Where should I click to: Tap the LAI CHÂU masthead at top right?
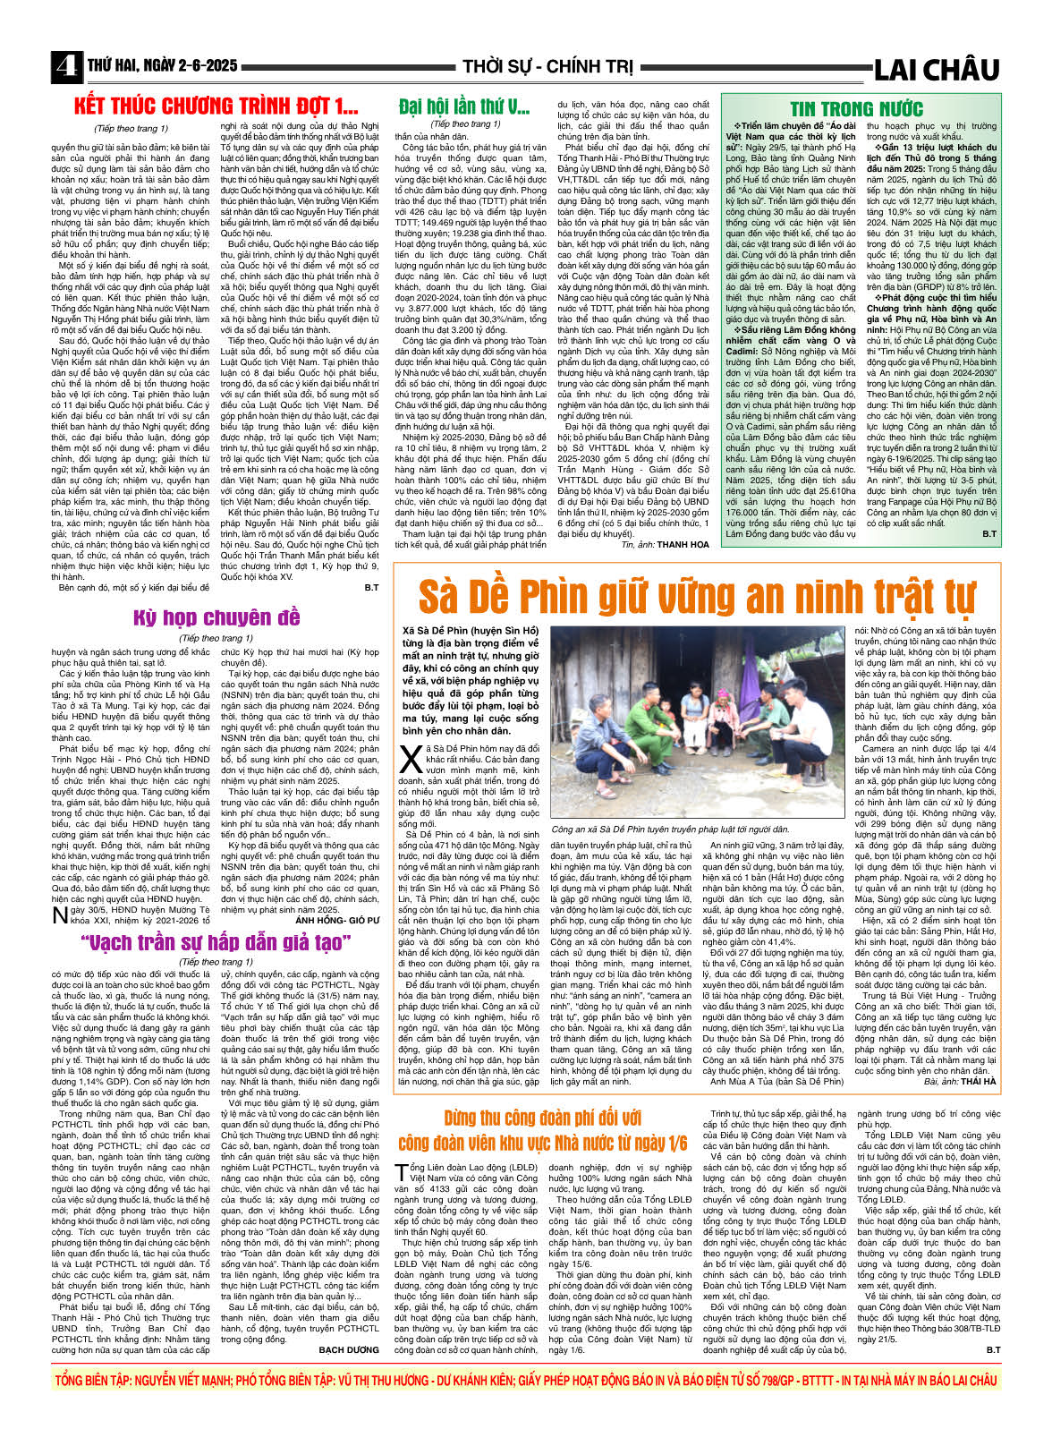pyautogui.click(x=936, y=69)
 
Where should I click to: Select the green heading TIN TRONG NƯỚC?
pyautogui.click(x=856, y=109)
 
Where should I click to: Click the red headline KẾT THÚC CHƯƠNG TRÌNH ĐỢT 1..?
pyautogui.click(x=216, y=106)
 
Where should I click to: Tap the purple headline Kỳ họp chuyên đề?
pyautogui.click(x=216, y=617)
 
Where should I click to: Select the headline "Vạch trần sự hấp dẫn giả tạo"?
pyautogui.click(x=216, y=942)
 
